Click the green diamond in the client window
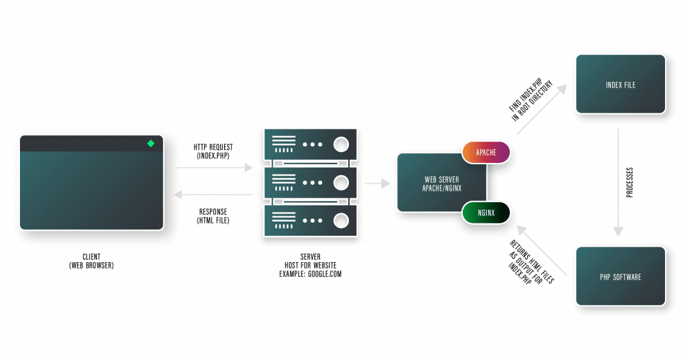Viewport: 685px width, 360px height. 150,144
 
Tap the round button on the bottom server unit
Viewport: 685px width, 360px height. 341,221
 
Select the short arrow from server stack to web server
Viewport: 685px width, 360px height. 377,184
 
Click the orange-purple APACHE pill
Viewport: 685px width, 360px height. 486,153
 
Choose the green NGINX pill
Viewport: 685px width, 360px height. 486,212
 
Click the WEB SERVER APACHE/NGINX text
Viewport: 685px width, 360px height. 441,183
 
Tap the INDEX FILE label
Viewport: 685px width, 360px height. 620,85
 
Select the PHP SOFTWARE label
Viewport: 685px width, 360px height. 620,278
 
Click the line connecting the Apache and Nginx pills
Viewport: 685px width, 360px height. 487,182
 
